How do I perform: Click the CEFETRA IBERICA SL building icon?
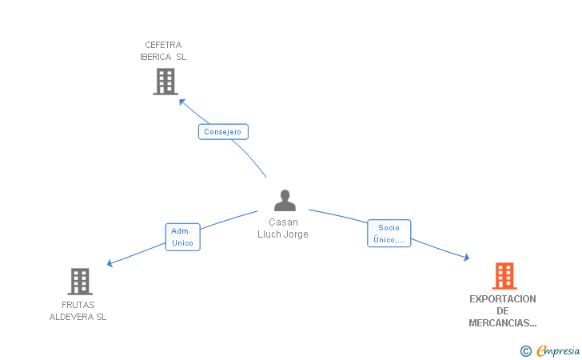165,82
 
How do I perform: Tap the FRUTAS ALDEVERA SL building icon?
80,282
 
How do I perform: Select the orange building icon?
504,276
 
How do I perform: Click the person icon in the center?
285,201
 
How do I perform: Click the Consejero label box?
223,132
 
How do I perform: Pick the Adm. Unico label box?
182,237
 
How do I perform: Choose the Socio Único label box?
389,234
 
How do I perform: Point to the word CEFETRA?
163,45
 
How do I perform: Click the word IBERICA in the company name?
156,57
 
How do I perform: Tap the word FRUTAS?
78,305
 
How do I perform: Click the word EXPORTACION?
503,299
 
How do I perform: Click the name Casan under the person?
283,222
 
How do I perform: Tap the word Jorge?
296,234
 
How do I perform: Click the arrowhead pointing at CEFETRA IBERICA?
182,102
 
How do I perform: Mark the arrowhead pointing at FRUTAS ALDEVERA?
110,263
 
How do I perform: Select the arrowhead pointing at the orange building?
467,258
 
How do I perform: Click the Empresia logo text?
558,351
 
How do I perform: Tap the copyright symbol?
525,351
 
